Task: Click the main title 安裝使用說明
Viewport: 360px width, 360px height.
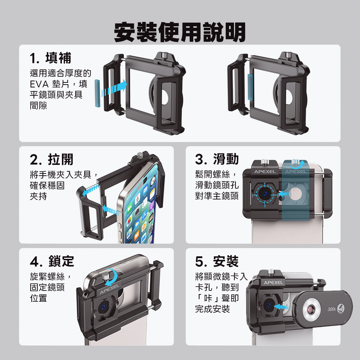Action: [x=180, y=32]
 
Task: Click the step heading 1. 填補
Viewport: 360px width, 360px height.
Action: [x=50, y=58]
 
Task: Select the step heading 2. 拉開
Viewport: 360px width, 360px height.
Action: [x=51, y=159]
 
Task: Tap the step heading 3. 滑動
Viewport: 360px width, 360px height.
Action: [x=217, y=159]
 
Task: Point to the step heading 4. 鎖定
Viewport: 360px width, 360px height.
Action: [x=52, y=261]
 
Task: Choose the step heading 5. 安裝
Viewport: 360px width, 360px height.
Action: [x=217, y=261]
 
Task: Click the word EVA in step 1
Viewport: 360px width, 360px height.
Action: [x=39, y=84]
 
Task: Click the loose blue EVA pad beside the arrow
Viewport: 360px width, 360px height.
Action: [x=97, y=93]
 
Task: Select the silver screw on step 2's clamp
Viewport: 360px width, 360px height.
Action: [x=140, y=155]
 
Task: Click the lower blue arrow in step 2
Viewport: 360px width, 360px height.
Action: [x=109, y=210]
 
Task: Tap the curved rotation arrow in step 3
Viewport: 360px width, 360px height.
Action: [x=297, y=165]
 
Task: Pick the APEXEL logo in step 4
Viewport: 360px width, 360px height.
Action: [x=109, y=289]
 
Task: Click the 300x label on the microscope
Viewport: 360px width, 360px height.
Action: [x=332, y=309]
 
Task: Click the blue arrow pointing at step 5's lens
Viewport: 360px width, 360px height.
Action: [x=281, y=307]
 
